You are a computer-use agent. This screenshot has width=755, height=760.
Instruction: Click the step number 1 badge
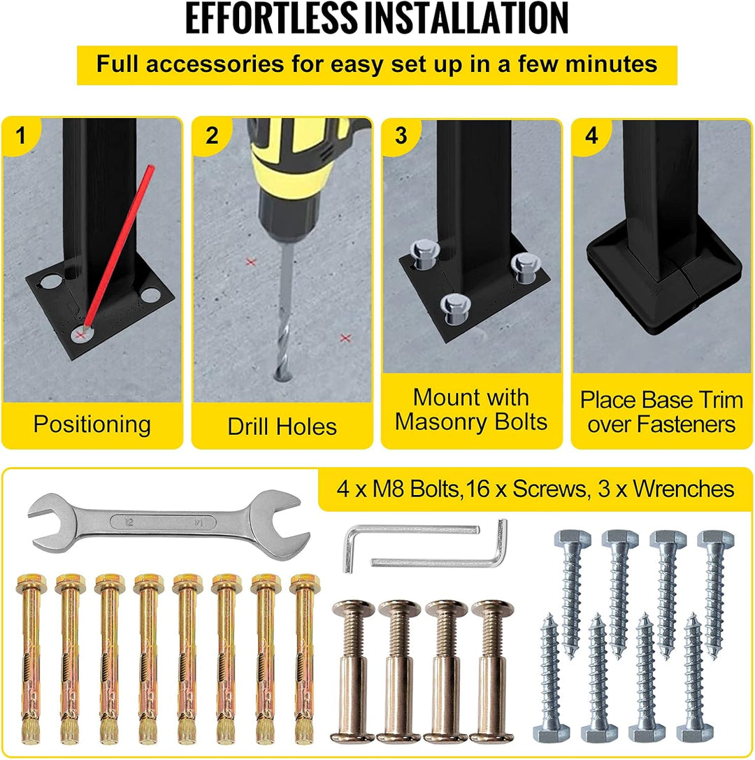(x=20, y=136)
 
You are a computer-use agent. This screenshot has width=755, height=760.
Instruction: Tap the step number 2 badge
(x=211, y=136)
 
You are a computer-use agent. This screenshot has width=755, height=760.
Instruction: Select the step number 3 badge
(x=401, y=136)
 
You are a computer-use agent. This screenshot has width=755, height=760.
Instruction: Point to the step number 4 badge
(x=591, y=136)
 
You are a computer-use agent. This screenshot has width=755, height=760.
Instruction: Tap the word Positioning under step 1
(x=92, y=424)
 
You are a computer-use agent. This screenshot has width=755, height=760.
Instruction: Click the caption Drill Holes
(x=282, y=426)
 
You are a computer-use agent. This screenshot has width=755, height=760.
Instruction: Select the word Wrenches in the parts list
(x=683, y=489)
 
